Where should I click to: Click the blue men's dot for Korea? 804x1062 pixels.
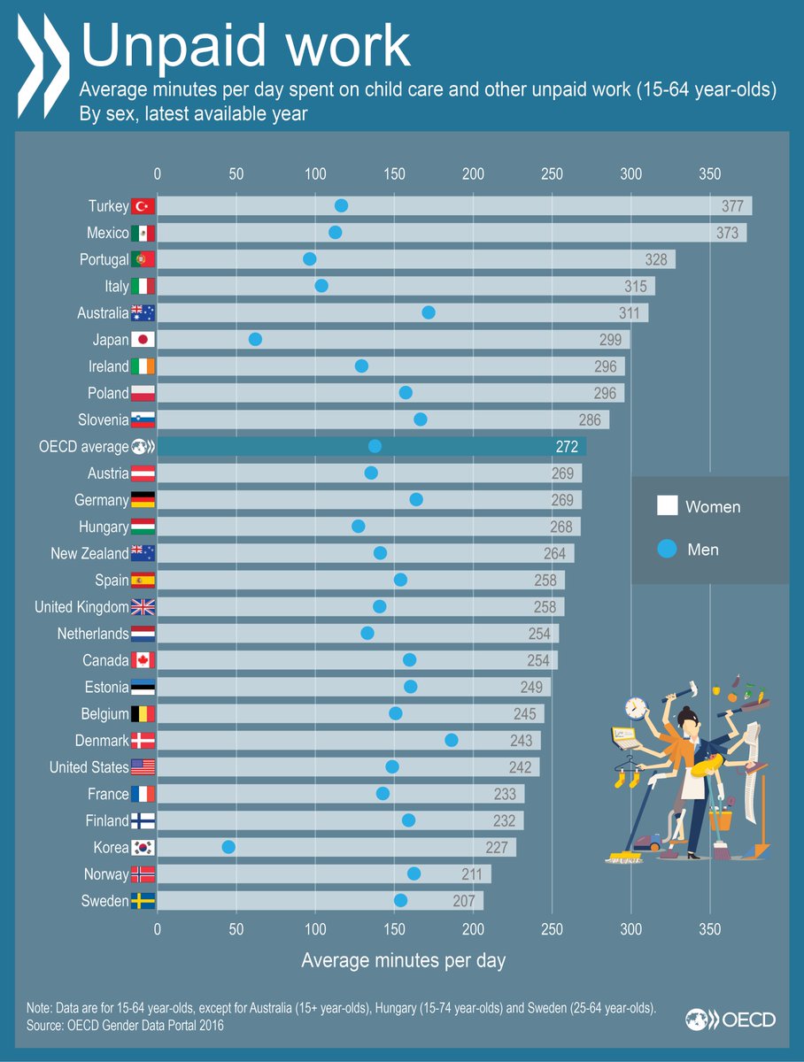click(228, 847)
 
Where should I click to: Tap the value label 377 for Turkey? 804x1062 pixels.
click(732, 206)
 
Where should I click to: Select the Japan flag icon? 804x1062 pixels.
click(143, 340)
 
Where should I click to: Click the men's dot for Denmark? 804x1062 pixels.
click(452, 740)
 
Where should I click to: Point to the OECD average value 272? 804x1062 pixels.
click(567, 447)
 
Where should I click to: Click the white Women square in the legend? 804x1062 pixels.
click(667, 506)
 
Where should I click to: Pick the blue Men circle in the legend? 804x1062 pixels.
click(667, 550)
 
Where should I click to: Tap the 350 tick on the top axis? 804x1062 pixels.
click(709, 173)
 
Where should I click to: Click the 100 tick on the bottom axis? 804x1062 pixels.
click(315, 929)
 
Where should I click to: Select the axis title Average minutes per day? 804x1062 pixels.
click(403, 960)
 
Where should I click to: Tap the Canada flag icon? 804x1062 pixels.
click(143, 660)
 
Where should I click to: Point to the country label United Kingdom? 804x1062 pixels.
click(81, 607)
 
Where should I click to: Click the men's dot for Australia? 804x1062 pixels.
click(429, 312)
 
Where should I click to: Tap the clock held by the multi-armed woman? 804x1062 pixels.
click(635, 709)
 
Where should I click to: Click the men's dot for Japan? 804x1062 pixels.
click(255, 339)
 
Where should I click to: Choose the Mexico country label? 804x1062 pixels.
click(108, 233)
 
